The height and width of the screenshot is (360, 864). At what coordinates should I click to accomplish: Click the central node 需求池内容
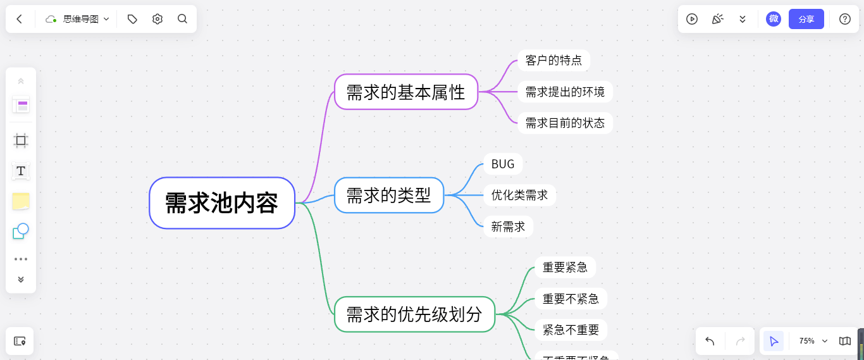222,203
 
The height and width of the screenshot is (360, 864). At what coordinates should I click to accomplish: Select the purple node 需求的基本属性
405,92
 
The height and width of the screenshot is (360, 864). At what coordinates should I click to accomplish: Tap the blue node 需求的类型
388,195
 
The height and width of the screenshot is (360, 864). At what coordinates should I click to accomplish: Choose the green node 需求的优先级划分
414,314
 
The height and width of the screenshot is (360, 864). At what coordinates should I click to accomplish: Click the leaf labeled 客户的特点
553,61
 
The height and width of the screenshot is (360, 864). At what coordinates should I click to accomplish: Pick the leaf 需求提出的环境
565,92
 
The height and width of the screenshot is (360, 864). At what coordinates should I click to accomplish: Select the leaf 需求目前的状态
565,123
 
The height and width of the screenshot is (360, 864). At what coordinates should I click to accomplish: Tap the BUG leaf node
503,164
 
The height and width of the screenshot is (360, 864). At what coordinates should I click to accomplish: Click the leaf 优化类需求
519,195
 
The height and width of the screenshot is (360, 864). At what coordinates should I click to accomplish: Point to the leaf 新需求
508,227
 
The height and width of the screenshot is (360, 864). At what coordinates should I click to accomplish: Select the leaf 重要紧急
565,268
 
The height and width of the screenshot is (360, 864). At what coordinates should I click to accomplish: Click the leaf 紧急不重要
571,330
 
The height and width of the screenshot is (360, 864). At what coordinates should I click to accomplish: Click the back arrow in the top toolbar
20,19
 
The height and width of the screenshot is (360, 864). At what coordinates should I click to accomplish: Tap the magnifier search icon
182,19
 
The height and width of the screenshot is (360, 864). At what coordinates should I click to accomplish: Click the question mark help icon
844,19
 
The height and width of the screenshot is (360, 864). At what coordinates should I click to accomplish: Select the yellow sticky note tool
21,201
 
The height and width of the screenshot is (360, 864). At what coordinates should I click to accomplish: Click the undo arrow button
710,341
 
